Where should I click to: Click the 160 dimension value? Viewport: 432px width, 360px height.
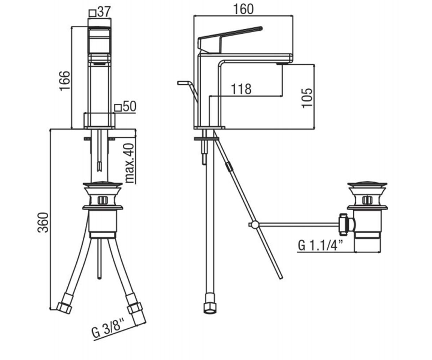pyautogui.click(x=243, y=9)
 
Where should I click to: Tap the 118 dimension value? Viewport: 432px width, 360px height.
pyautogui.click(x=241, y=89)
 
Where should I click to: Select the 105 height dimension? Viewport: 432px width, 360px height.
pyautogui.click(x=307, y=98)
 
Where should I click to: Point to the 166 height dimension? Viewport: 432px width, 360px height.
pyautogui.click(x=64, y=81)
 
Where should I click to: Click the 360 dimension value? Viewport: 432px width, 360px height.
pyautogui.click(x=43, y=222)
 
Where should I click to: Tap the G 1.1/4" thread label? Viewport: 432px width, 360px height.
pyautogui.click(x=321, y=245)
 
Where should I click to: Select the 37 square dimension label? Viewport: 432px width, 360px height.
pyautogui.click(x=100, y=12)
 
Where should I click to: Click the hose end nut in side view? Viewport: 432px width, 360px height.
pyautogui.click(x=210, y=310)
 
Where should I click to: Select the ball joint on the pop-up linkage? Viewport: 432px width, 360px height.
pyautogui.click(x=255, y=224)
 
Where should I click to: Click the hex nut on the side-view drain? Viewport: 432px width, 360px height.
pyautogui.click(x=343, y=225)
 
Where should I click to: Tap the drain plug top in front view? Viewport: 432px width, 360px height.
pyautogui.click(x=102, y=184)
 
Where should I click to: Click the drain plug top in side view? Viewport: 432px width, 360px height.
pyautogui.click(x=367, y=184)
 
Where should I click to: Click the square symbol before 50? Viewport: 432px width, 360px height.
pyautogui.click(x=118, y=108)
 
